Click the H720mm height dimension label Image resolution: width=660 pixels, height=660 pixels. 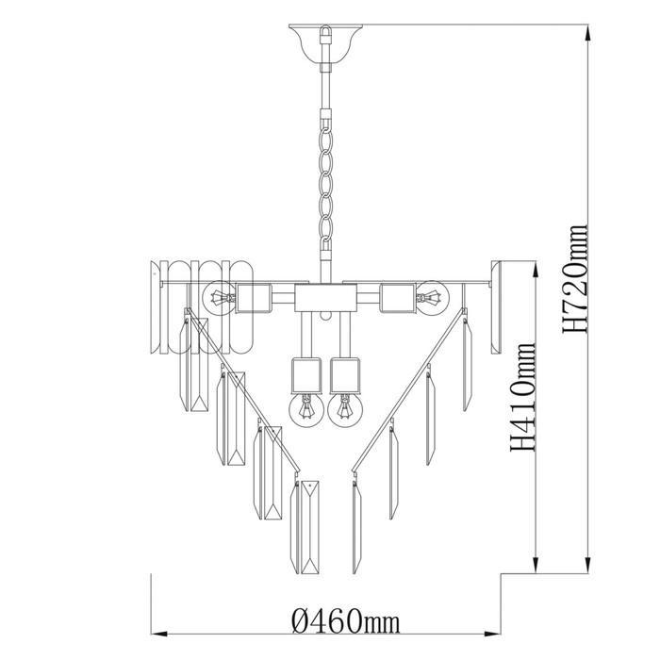(574, 279)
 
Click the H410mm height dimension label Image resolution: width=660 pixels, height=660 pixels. (523, 397)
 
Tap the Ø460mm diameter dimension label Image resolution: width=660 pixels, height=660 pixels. (345, 621)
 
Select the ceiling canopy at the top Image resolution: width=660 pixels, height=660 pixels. (326, 44)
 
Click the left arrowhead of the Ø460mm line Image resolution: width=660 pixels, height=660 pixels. (160, 634)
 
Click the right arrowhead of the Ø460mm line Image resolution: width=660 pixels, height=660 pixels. (492, 634)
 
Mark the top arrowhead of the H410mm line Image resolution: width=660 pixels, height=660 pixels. (536, 270)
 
